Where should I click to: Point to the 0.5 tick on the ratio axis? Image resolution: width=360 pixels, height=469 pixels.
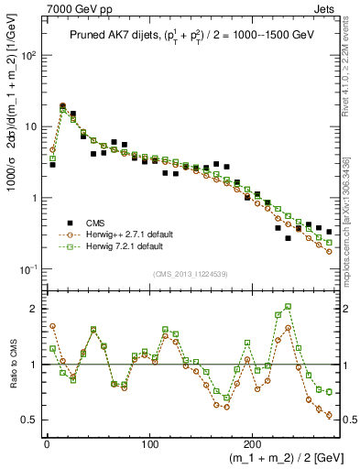point(28,420)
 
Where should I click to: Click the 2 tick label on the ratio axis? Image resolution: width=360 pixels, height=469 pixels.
point(34,309)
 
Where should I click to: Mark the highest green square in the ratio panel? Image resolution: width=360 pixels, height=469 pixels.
point(289,307)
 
